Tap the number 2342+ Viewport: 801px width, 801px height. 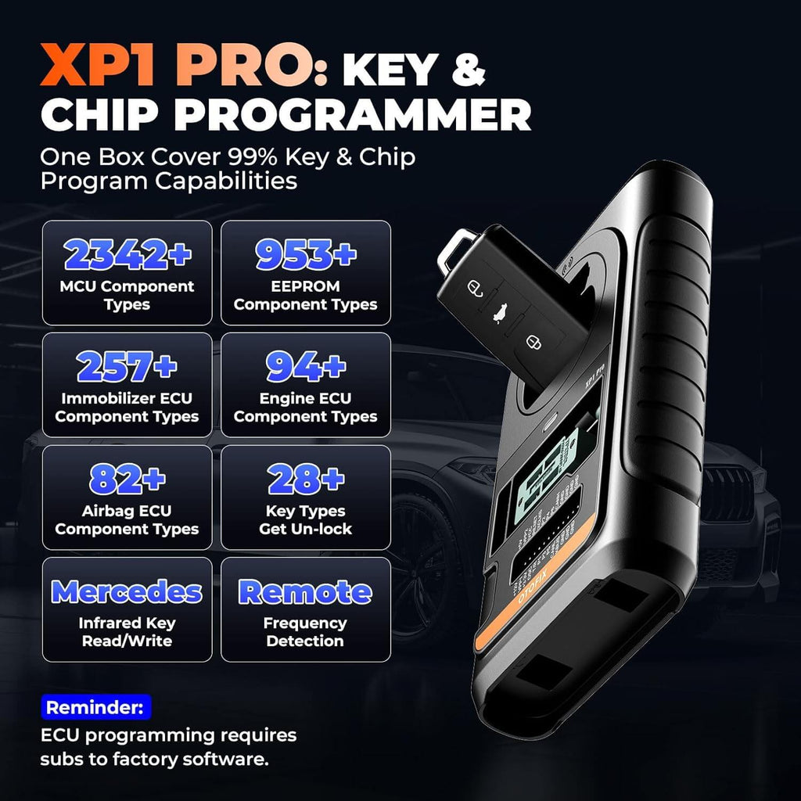[126, 254]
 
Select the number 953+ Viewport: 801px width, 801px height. [306, 253]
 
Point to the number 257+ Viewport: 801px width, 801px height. [126, 366]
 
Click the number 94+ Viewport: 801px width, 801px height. [306, 365]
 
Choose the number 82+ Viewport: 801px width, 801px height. [126, 479]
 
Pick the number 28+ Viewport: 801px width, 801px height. [306, 479]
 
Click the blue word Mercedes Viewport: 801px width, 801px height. [126, 591]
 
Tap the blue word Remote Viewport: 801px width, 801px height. [306, 591]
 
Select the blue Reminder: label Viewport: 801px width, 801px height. [95, 709]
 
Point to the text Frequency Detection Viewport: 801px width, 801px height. [305, 632]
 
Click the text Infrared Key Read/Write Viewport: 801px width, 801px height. [126, 632]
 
